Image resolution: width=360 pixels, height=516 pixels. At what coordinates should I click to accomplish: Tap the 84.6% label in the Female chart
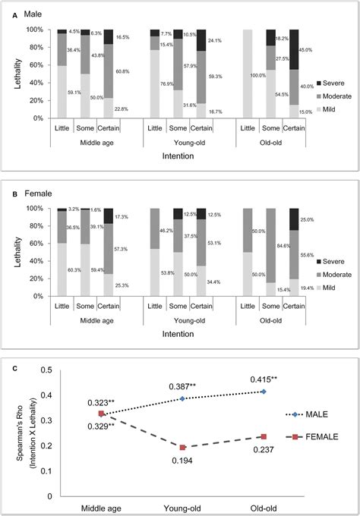pos(281,245)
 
